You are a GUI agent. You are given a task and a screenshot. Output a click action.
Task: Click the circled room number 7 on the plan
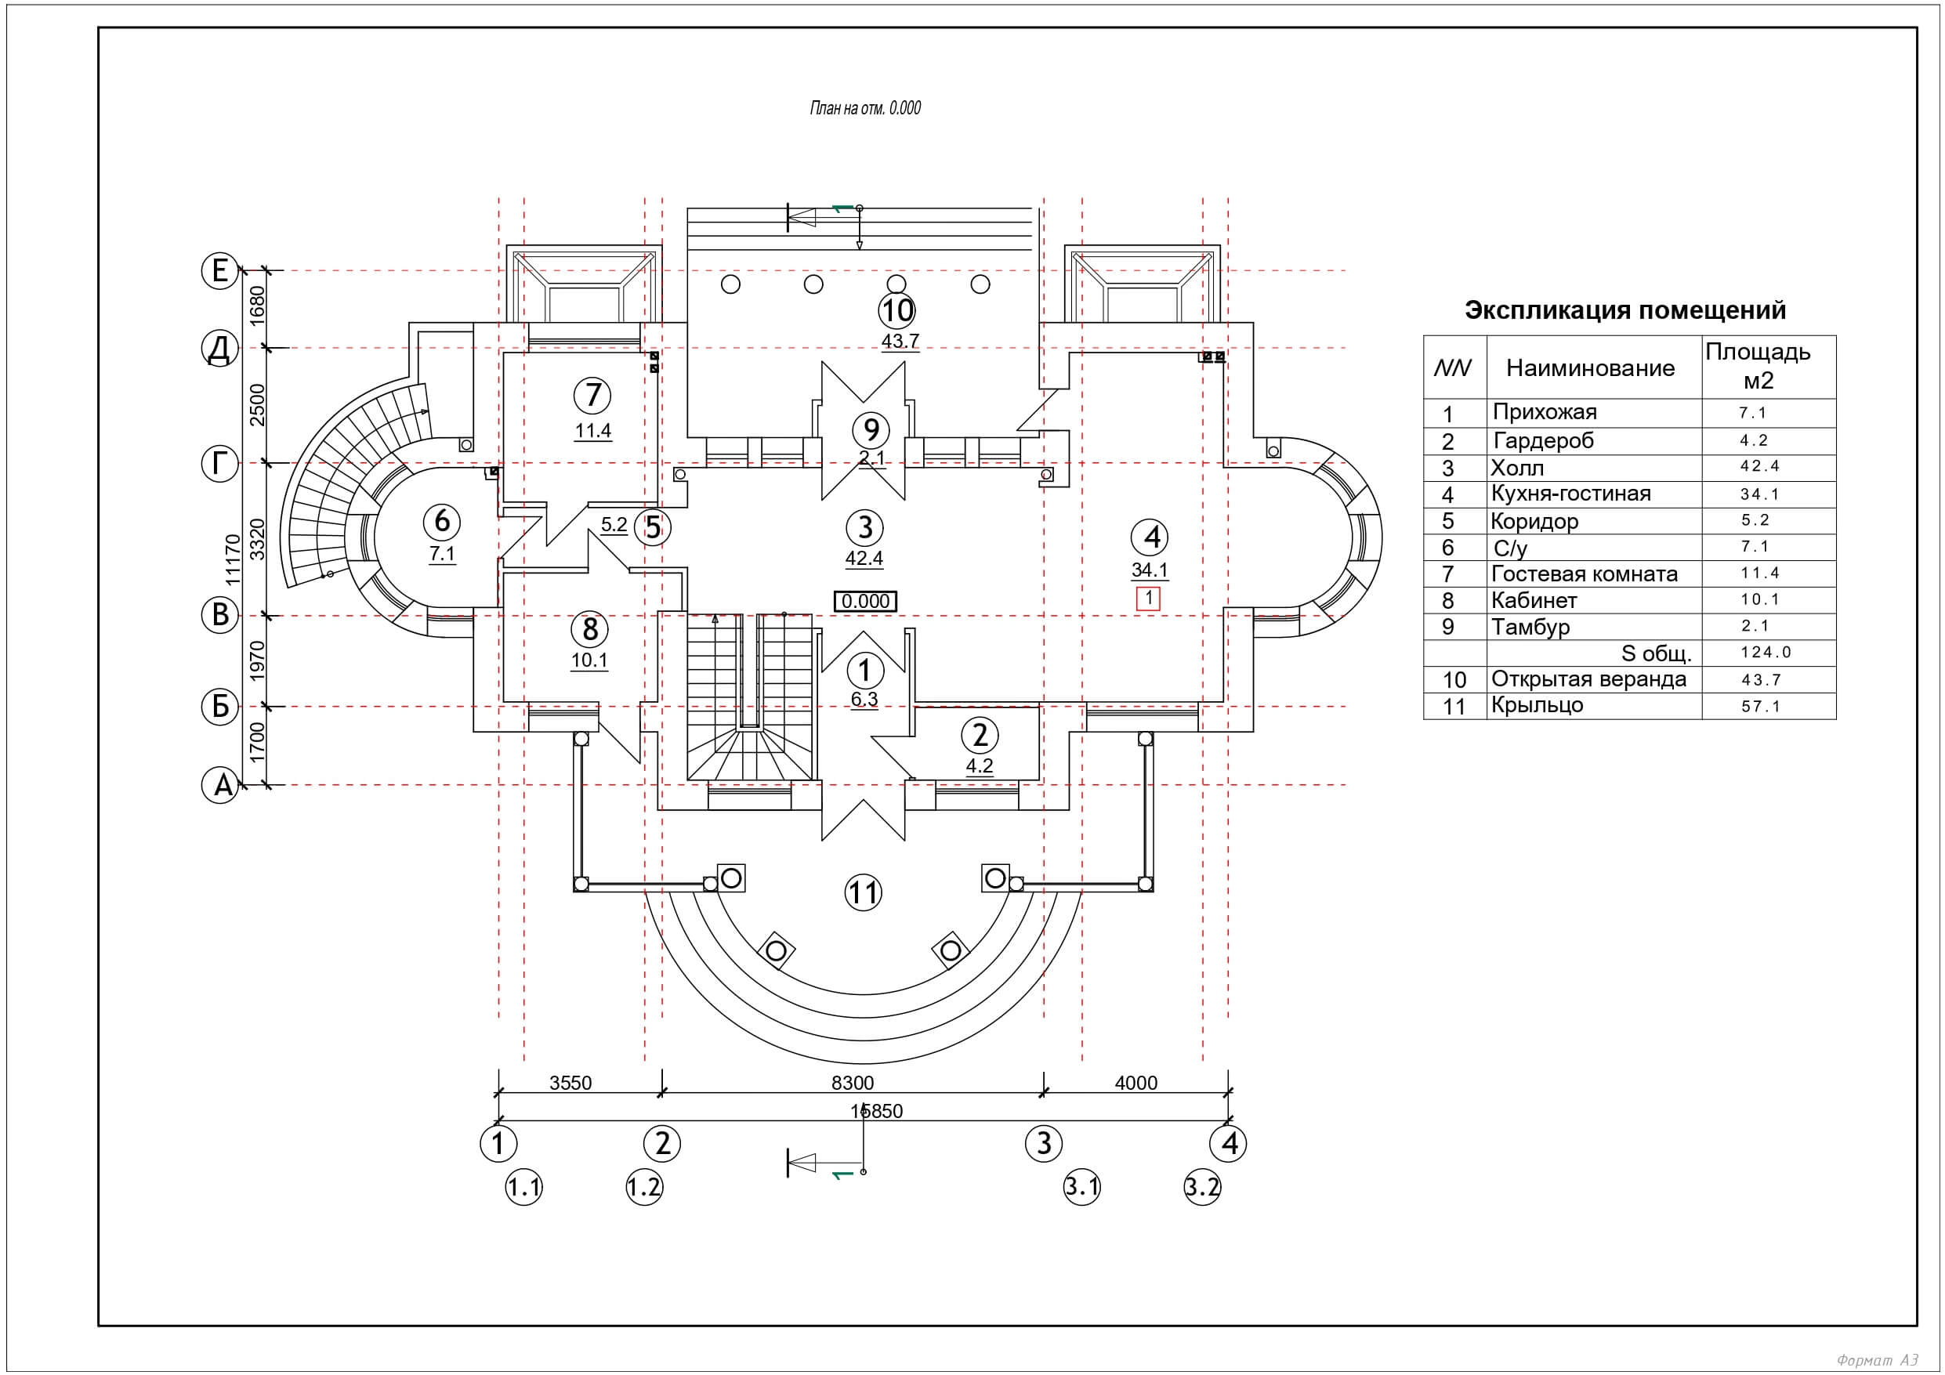pyautogui.click(x=592, y=395)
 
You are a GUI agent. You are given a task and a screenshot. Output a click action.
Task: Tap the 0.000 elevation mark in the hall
pyautogui.click(x=865, y=602)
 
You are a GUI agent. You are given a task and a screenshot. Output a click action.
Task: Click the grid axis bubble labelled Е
pyautogui.click(x=219, y=270)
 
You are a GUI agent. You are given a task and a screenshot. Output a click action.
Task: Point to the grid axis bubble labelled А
pyautogui.click(x=220, y=785)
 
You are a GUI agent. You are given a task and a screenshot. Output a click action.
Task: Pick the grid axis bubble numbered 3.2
pyautogui.click(x=1202, y=1187)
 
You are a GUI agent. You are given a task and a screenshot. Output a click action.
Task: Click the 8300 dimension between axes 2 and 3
pyautogui.click(x=852, y=1083)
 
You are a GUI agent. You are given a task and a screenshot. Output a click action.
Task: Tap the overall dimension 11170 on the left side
pyautogui.click(x=233, y=560)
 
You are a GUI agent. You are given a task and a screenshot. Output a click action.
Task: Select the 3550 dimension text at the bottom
pyautogui.click(x=570, y=1083)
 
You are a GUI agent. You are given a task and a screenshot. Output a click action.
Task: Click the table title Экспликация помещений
pyautogui.click(x=1624, y=310)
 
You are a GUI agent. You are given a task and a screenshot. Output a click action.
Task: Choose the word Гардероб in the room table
pyautogui.click(x=1544, y=440)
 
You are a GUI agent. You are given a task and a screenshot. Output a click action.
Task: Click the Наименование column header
pyautogui.click(x=1590, y=367)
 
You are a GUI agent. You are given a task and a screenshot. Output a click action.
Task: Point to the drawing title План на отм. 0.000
pyautogui.click(x=865, y=108)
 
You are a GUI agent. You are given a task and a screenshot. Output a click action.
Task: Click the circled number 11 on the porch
pyautogui.click(x=864, y=892)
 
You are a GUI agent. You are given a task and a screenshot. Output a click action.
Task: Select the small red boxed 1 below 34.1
pyautogui.click(x=1149, y=598)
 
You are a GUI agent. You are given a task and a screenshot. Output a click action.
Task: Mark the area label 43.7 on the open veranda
pyautogui.click(x=900, y=342)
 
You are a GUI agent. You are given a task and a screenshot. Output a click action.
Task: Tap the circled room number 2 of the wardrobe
pyautogui.click(x=980, y=735)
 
